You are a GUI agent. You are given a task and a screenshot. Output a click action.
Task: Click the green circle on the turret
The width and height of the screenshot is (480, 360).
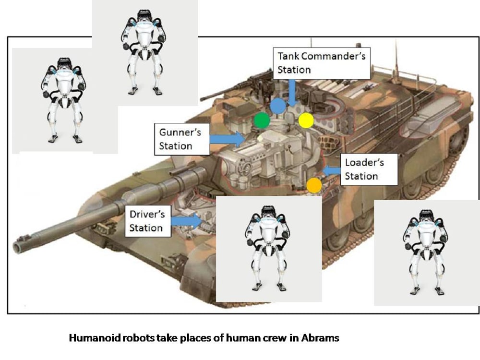pos(262,120)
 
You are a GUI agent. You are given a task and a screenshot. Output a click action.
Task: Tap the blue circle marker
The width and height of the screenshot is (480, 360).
pos(278,106)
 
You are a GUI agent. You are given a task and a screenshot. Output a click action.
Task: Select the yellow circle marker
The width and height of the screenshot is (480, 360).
pos(306,120)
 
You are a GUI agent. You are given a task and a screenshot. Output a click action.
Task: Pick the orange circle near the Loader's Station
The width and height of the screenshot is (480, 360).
pos(314,185)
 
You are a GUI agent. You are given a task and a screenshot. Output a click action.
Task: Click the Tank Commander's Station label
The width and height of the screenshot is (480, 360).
pos(321,62)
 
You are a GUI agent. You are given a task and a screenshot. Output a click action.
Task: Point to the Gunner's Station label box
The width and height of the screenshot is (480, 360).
pos(182,139)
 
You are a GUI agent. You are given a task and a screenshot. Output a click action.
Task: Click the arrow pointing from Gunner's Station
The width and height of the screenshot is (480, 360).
pos(228,139)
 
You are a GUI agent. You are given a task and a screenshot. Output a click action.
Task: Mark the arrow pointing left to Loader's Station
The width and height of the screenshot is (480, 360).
pos(332,170)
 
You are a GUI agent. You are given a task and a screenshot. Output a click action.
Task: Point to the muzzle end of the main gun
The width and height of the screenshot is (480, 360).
pos(20,246)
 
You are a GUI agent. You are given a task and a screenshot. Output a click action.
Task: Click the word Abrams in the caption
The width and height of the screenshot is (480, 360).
pos(320,338)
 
